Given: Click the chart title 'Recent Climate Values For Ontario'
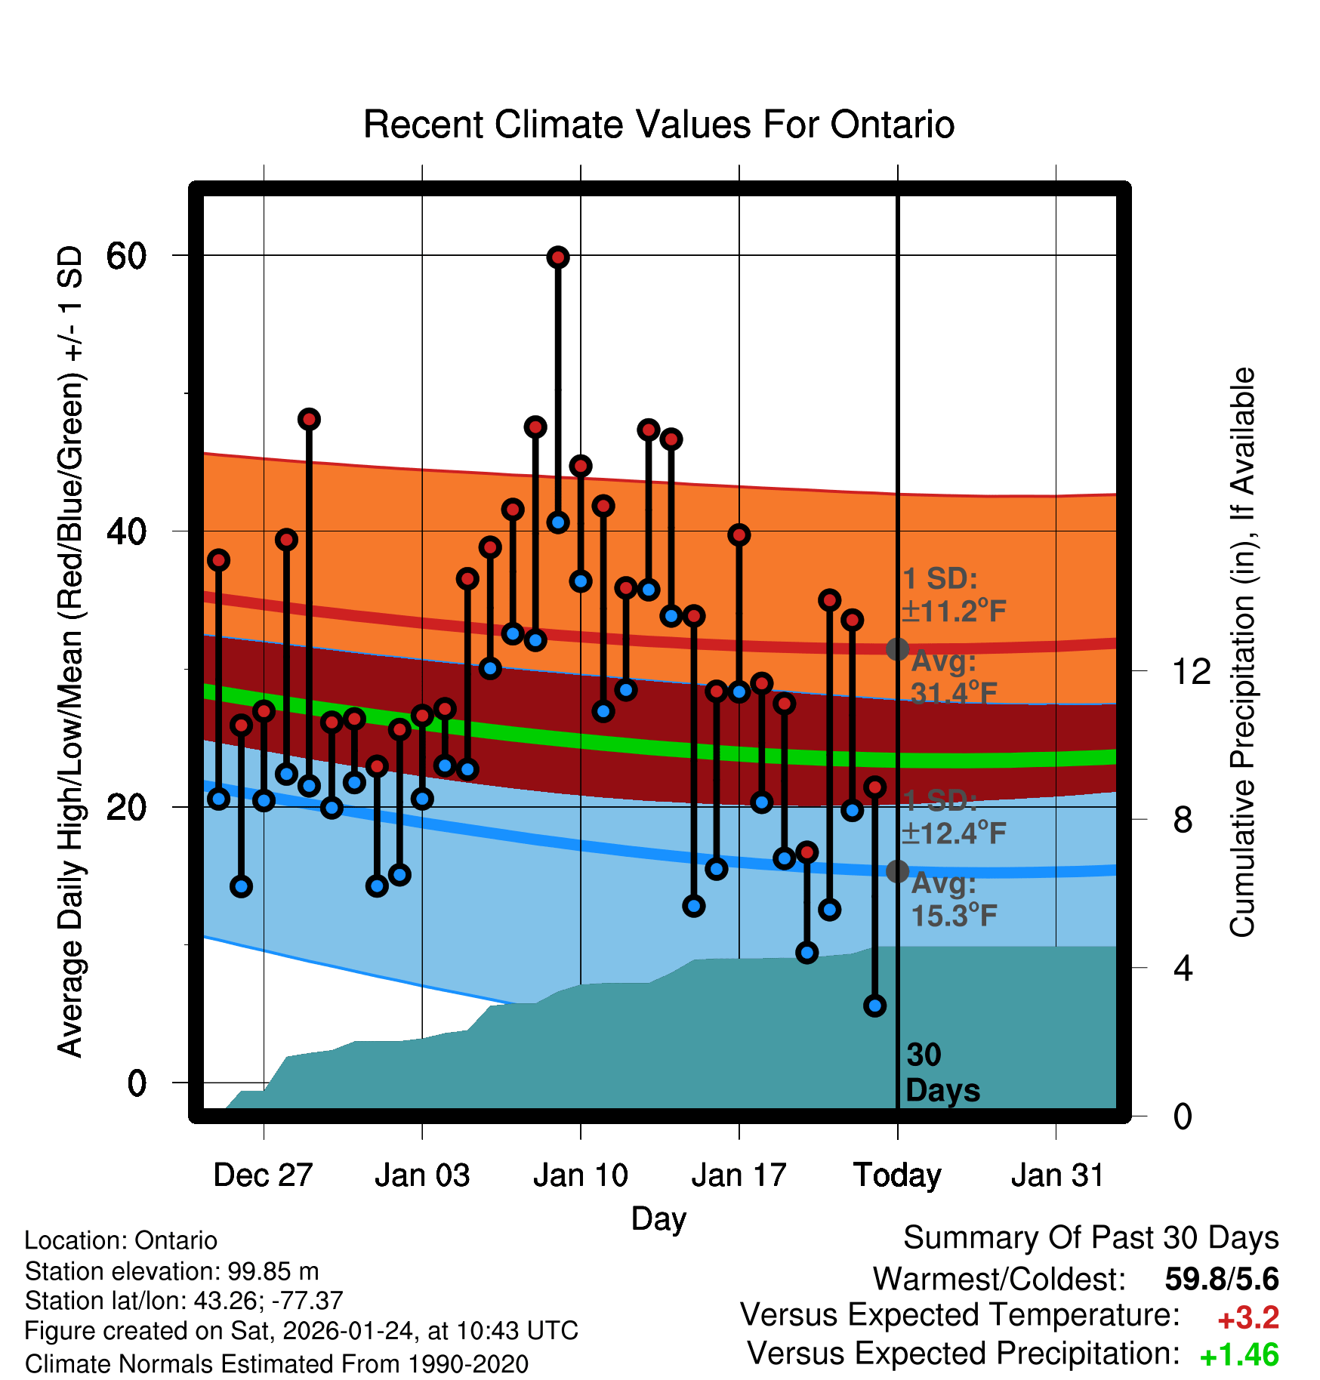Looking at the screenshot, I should [658, 125].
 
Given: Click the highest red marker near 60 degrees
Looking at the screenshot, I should [558, 257].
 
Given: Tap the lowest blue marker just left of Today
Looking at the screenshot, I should [874, 1006].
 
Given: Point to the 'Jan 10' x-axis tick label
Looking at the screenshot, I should [580, 1175].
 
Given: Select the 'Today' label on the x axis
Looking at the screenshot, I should [897, 1175].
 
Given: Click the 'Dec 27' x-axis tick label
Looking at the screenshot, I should [263, 1175].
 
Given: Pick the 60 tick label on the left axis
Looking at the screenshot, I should [125, 257].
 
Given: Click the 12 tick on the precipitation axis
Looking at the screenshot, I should [1191, 671].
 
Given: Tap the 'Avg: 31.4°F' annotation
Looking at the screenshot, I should [953, 677].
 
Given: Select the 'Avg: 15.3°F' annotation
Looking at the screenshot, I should [953, 899].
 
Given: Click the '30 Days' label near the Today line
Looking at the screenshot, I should [942, 1073].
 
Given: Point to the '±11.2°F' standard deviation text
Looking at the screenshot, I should [953, 611].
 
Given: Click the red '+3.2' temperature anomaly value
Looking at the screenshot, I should [1248, 1318].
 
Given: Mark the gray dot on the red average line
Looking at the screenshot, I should [897, 648].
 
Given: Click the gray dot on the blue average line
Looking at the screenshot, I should [897, 871].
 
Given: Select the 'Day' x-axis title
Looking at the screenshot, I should [658, 1219].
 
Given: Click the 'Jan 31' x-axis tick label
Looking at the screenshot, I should [1057, 1175].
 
